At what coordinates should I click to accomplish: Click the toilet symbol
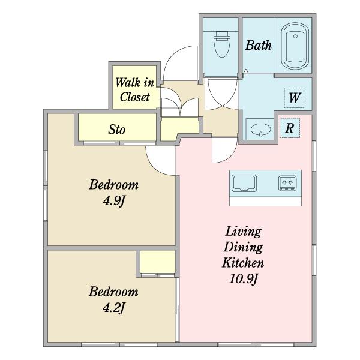[x=222, y=44]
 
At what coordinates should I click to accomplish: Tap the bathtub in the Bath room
[x=295, y=46]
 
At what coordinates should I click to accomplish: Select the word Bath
[x=258, y=45]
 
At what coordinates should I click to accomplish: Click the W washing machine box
[x=294, y=98]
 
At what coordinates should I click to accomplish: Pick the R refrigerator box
[x=290, y=128]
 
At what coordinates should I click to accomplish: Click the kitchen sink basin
[x=244, y=183]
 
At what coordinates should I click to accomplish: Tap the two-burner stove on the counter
[x=287, y=183]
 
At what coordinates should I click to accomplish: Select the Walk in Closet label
[x=135, y=89]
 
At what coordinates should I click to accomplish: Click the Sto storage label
[x=117, y=130]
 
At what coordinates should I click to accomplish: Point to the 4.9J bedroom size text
[x=114, y=201]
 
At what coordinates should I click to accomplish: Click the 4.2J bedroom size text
[x=113, y=308]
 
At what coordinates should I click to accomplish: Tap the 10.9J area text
[x=244, y=279]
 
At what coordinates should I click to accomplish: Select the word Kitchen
[x=243, y=263]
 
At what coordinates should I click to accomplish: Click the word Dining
[x=244, y=247]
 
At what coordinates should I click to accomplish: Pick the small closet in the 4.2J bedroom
[x=157, y=262]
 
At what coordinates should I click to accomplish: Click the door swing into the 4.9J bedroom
[x=155, y=166]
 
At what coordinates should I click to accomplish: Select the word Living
[x=244, y=232]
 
